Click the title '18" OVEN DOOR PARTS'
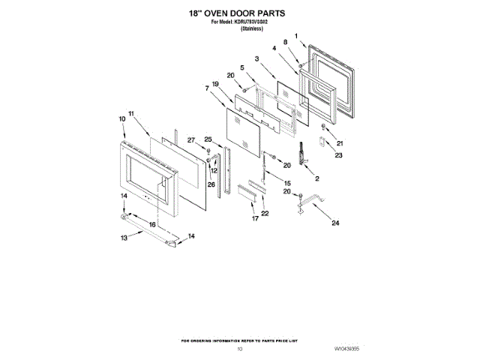(x=239, y=13)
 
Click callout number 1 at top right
(x=296, y=35)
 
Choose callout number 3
(x=256, y=58)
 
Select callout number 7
(x=206, y=89)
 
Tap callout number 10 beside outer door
(x=121, y=118)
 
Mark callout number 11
(x=130, y=113)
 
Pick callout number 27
(x=190, y=140)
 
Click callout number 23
(x=338, y=155)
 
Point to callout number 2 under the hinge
(x=316, y=179)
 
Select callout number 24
(x=335, y=223)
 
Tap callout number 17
(x=255, y=218)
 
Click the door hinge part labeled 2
(x=303, y=154)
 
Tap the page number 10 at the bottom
(x=240, y=349)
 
